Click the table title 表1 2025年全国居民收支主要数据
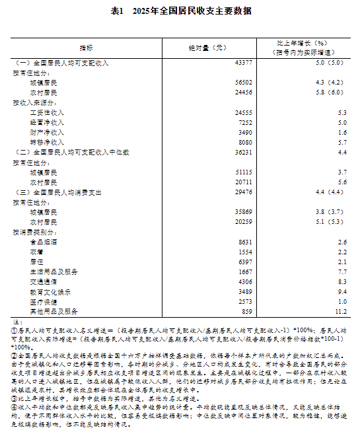pyautogui.click(x=180, y=12)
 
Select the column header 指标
pyautogui.click(x=87, y=48)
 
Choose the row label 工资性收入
pyautogui.click(x=47, y=113)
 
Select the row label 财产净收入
pyautogui.click(x=47, y=133)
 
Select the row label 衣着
pyautogui.click(x=37, y=252)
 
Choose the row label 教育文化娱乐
pyautogui.click(x=50, y=291)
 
